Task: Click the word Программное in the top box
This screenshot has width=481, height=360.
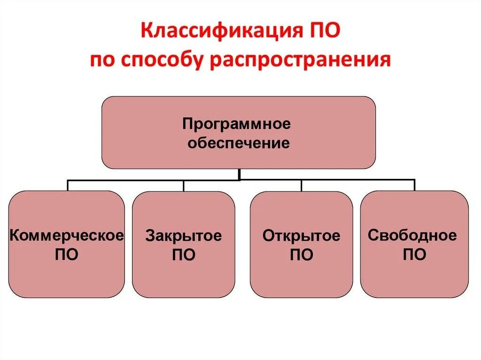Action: (x=237, y=125)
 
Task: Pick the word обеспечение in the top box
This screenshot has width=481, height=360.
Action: (x=239, y=143)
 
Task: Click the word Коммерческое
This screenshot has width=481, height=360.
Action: (x=67, y=235)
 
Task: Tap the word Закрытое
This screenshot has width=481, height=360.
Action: (x=183, y=236)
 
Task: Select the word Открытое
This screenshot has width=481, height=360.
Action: (x=301, y=236)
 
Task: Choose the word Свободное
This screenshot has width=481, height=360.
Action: (x=412, y=235)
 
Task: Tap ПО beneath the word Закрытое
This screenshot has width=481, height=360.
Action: (x=183, y=255)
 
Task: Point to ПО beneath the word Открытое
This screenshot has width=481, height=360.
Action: (x=301, y=255)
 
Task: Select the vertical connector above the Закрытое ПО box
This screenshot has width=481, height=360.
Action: (x=184, y=185)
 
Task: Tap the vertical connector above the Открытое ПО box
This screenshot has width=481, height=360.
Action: (x=301, y=185)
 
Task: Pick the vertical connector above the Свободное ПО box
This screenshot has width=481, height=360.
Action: (x=414, y=185)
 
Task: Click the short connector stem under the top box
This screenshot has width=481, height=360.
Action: (x=240, y=174)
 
